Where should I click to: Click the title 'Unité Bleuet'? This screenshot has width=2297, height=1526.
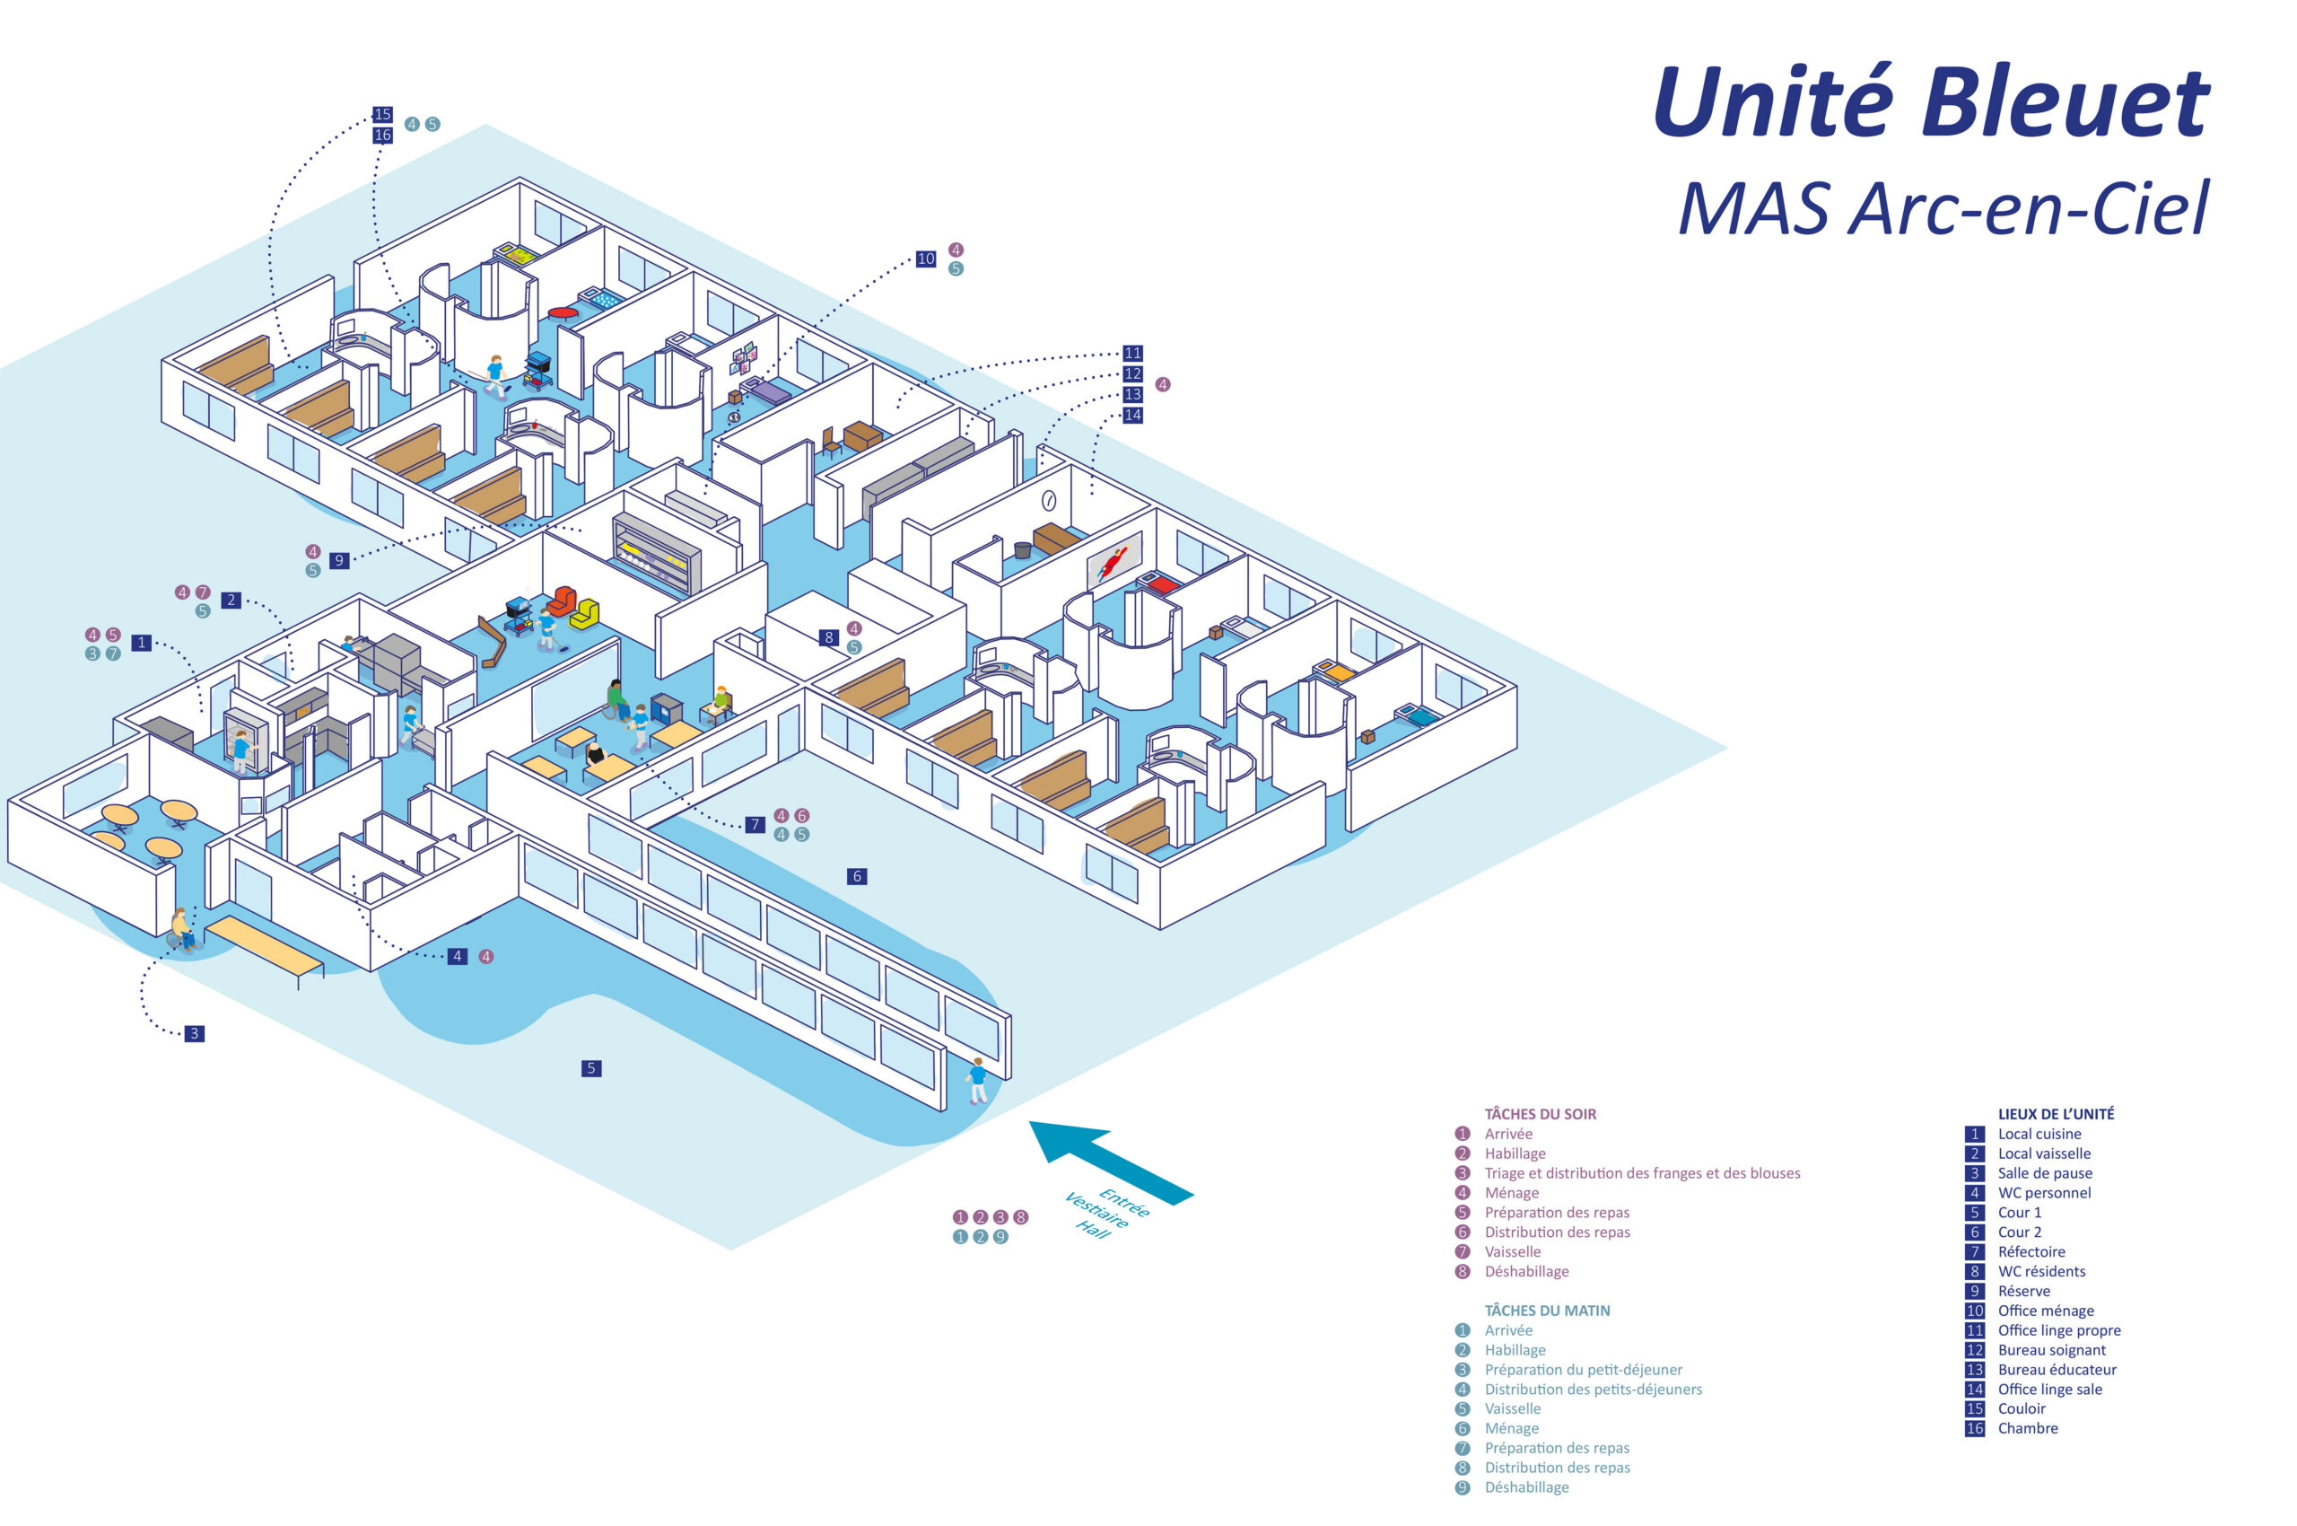click(x=1930, y=102)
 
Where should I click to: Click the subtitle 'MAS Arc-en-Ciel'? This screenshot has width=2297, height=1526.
click(x=1943, y=209)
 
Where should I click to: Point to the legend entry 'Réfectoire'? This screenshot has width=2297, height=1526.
click(x=2031, y=1252)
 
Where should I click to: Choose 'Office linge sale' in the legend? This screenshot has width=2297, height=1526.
click(x=2049, y=1390)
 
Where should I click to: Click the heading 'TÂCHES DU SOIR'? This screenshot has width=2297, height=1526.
click(x=1540, y=1114)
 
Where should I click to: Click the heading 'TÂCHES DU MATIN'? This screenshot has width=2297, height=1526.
click(x=1547, y=1311)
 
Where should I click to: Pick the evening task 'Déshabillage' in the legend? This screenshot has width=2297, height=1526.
click(x=1526, y=1272)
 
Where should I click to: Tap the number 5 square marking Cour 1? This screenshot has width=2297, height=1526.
click(x=590, y=1068)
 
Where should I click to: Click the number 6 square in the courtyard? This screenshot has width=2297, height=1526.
click(x=857, y=877)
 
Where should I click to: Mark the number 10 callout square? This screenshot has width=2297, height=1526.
click(x=925, y=259)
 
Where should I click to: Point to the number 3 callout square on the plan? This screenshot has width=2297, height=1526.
click(x=195, y=1033)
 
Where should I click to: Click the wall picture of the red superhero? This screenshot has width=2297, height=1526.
click(x=1113, y=562)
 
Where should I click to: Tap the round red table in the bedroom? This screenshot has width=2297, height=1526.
click(x=563, y=313)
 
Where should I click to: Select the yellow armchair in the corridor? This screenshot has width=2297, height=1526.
click(x=584, y=614)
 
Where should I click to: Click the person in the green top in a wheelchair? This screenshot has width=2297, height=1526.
click(x=615, y=697)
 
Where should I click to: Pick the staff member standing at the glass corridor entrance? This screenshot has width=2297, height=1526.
click(x=977, y=1080)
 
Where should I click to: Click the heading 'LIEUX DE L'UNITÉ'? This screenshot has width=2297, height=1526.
click(x=2055, y=1114)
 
